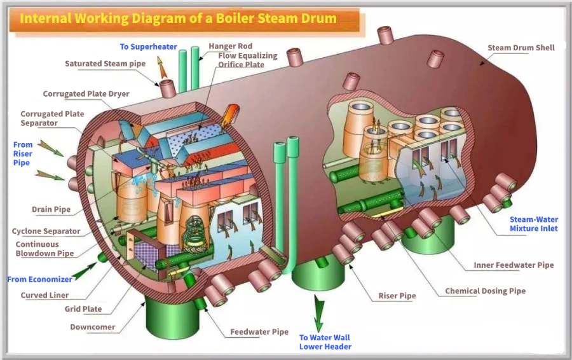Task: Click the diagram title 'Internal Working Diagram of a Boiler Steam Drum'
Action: pos(178,18)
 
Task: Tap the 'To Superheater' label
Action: pos(149,46)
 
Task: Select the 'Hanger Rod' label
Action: pos(230,46)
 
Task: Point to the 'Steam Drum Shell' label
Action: pos(521,48)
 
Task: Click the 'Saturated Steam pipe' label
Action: pos(105,64)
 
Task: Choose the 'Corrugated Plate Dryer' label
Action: pos(86,94)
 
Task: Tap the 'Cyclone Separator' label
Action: pos(46,232)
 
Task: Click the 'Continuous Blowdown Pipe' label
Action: pos(44,249)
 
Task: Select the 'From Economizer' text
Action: pos(39,279)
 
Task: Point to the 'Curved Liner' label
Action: pos(44,295)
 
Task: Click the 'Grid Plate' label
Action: pos(83,309)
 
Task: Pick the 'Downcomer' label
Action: pos(92,328)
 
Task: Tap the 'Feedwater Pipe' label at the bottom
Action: pos(259,331)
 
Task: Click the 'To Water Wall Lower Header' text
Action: pos(325,342)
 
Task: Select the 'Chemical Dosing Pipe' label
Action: pos(485,291)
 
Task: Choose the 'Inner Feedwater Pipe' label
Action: pos(514,265)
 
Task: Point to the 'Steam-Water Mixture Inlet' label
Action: pos(533,224)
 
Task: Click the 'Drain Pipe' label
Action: pos(51,209)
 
